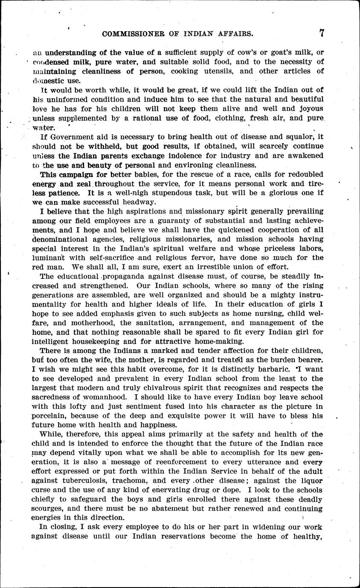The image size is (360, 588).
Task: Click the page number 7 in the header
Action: pyautogui.click(x=322, y=33)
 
